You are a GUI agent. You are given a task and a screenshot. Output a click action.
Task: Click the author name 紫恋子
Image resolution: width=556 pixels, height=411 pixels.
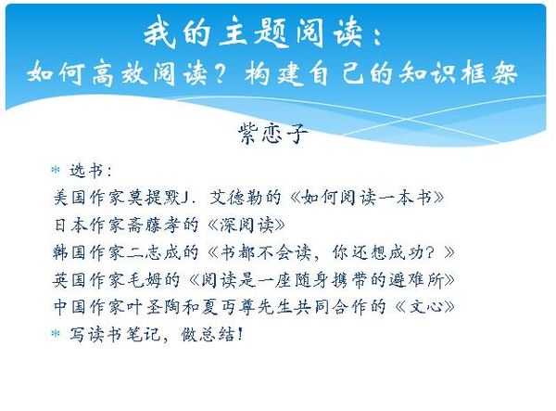pos(273,134)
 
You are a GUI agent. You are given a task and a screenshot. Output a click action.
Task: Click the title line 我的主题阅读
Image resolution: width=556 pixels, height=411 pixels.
pos(254,33)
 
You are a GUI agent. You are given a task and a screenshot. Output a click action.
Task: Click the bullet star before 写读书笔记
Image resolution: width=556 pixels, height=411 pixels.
pos(56,333)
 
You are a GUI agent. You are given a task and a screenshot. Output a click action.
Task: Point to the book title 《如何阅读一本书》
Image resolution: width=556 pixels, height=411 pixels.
pos(367,198)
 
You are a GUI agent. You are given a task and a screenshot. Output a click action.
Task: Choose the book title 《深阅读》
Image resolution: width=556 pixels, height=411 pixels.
pos(246,225)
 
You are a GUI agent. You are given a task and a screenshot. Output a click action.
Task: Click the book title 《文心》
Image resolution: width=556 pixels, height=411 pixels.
pos(424,307)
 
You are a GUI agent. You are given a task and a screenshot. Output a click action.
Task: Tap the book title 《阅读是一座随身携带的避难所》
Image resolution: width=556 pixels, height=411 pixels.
pos(322,279)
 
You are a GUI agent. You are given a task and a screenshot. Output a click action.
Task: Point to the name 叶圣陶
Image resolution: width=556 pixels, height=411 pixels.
pos(154,307)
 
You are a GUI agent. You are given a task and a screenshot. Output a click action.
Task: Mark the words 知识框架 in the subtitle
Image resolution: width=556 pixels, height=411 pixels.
pos(458,74)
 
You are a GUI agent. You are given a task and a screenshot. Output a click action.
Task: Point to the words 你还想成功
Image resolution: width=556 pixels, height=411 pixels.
pos(383,252)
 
